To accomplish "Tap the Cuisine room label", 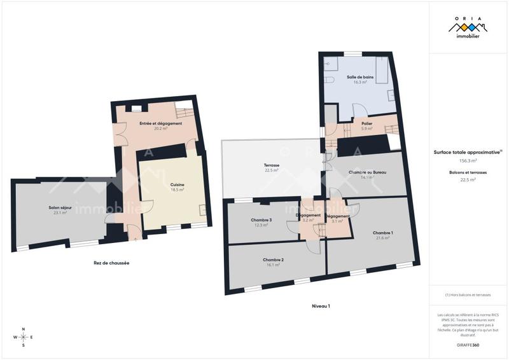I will point(178,184).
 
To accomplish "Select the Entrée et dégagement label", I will point(160,123).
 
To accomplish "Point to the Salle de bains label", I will point(360,77).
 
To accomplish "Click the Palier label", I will point(366,123).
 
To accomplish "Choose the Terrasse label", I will point(272,165).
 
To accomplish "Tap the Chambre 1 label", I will point(383,233).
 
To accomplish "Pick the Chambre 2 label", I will point(273,260).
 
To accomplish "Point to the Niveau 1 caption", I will point(321,306).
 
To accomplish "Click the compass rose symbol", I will point(24,337).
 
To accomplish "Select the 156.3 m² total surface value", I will point(468,162).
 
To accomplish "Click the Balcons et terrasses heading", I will point(468,172).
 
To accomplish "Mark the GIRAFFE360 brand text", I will point(468,345).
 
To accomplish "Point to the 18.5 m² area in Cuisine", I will point(178,190).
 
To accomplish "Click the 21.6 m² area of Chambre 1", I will point(383,238).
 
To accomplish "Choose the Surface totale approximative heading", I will point(468,152).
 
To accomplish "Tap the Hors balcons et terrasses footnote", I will point(468,294).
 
